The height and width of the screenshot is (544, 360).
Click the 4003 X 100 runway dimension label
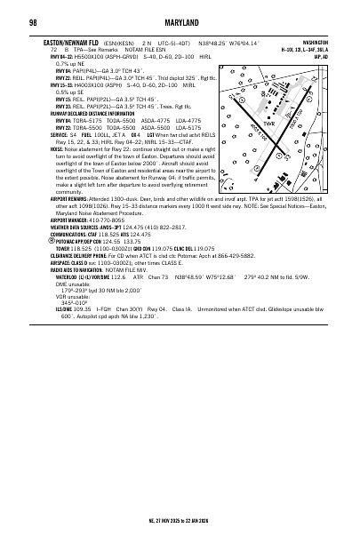(x=269, y=130)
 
